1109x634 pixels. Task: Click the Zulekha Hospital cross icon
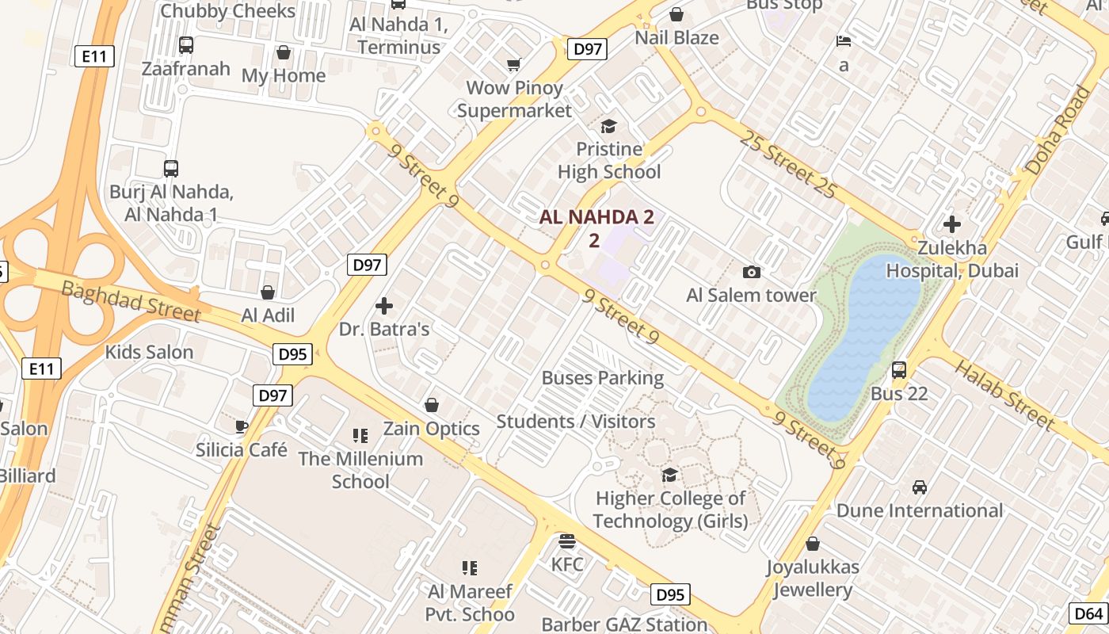pyautogui.click(x=951, y=224)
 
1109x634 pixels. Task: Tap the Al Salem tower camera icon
pyautogui.click(x=751, y=273)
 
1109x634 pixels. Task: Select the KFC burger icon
pyautogui.click(x=567, y=541)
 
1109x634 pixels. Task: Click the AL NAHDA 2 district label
pyautogui.click(x=597, y=217)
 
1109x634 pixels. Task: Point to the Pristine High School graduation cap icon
pyautogui.click(x=608, y=127)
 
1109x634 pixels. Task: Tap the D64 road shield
pyautogui.click(x=1088, y=613)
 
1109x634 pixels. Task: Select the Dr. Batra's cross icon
pyautogui.click(x=384, y=306)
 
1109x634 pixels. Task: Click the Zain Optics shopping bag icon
pyautogui.click(x=432, y=406)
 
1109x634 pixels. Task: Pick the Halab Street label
pyautogui.click(x=1004, y=394)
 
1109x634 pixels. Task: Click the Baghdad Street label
pyautogui.click(x=131, y=301)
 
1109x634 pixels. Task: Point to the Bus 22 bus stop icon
pyautogui.click(x=898, y=370)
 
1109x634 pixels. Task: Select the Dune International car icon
pyautogui.click(x=920, y=487)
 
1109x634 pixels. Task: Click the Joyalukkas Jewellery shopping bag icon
pyautogui.click(x=812, y=544)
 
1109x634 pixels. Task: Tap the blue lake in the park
pyautogui.click(x=867, y=333)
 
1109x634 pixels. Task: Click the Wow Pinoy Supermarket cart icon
pyautogui.click(x=514, y=65)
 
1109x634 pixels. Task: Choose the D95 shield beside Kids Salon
pyautogui.click(x=293, y=353)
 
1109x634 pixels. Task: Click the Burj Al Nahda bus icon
pyautogui.click(x=170, y=168)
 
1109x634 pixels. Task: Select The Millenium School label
pyautogui.click(x=360, y=469)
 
